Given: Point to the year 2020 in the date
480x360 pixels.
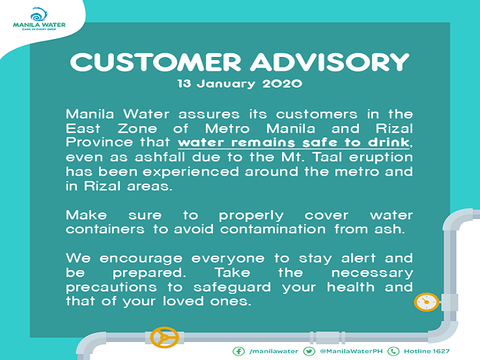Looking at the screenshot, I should coord(282,84).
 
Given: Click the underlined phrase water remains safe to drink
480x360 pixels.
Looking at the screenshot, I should coord(295,143).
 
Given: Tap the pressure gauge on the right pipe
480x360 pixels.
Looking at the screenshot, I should coord(425,301).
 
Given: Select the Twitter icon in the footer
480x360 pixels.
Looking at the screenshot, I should coord(309,351).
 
